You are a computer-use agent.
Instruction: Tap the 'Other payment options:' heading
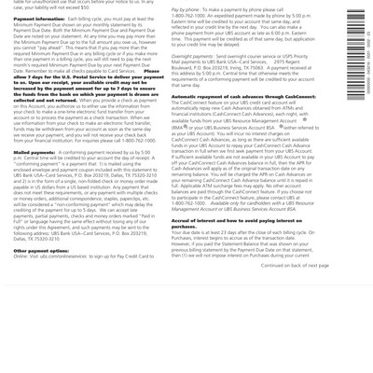coord(39,277)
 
